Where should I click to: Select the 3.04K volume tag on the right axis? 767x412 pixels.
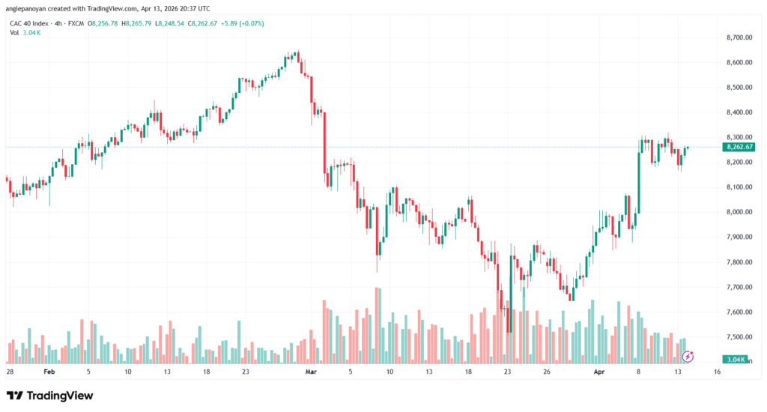pyautogui.click(x=737, y=360)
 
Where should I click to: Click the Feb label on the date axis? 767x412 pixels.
pyautogui.click(x=49, y=372)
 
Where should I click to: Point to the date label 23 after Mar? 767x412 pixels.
pyautogui.click(x=507, y=372)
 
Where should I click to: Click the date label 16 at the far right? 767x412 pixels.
pyautogui.click(x=717, y=372)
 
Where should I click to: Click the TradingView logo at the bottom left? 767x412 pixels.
pyautogui.click(x=50, y=396)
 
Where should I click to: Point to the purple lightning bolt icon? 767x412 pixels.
pyautogui.click(x=687, y=357)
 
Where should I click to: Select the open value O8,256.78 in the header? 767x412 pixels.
pyautogui.click(x=106, y=23)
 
